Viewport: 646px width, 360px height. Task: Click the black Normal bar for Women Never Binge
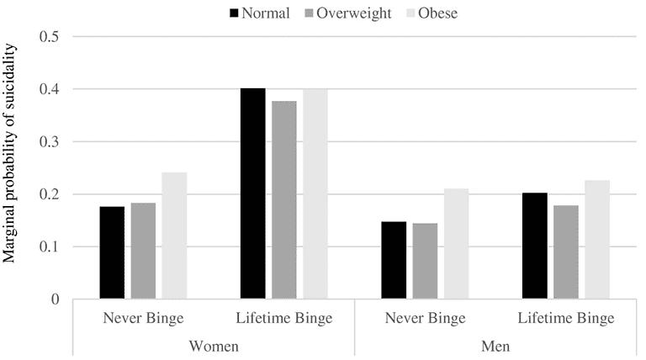[112, 253]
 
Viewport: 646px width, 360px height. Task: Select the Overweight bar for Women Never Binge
[143, 251]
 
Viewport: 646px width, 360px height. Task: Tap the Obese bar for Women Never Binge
[174, 236]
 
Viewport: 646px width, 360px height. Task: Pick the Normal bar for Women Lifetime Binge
[252, 193]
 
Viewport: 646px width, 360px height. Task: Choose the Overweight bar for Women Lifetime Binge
[284, 200]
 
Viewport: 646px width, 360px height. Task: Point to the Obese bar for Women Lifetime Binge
[315, 193]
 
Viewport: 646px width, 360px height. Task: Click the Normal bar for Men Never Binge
[394, 261]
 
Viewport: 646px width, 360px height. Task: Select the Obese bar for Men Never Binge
[457, 244]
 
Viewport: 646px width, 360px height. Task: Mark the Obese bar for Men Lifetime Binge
[597, 240]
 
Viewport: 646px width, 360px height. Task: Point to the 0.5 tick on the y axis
[49, 37]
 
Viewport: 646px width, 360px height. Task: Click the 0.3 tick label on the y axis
[49, 142]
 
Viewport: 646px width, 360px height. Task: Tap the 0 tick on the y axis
[56, 299]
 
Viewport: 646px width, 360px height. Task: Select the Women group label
[213, 345]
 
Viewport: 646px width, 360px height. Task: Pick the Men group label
[495, 345]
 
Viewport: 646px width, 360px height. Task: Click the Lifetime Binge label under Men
[566, 319]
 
